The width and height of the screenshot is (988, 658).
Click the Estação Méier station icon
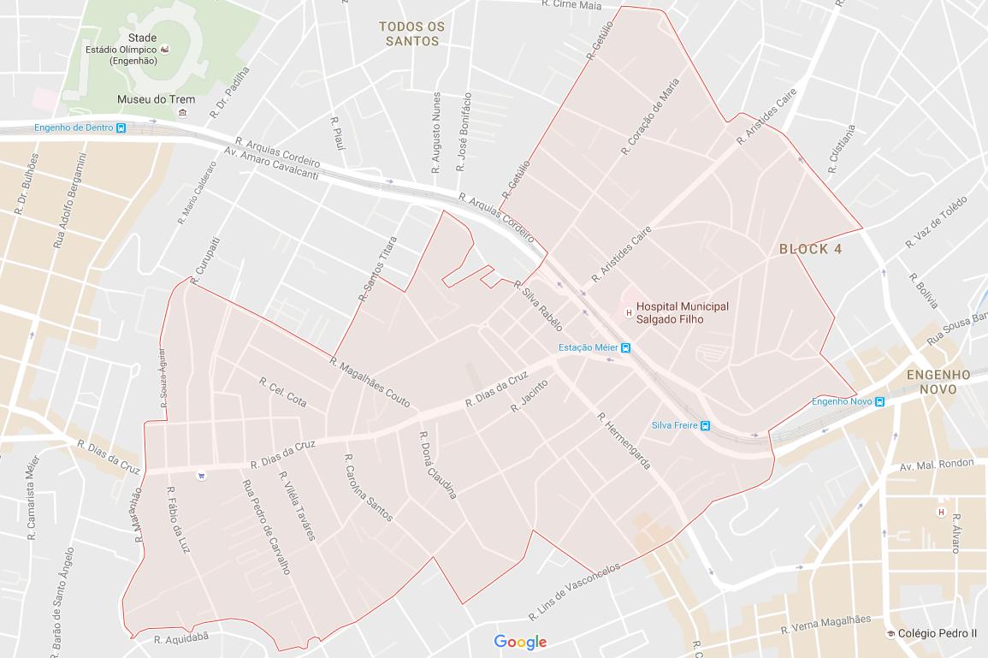(x=626, y=347)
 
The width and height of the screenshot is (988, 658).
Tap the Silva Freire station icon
(x=705, y=425)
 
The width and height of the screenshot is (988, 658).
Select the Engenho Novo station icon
(x=879, y=401)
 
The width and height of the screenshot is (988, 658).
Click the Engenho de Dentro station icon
(x=121, y=128)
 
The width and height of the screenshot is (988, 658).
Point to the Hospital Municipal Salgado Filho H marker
(x=630, y=312)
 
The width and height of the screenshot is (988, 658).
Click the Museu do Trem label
(x=156, y=99)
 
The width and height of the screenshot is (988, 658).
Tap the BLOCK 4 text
(x=810, y=249)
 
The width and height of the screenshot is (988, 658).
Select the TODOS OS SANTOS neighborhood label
(x=412, y=34)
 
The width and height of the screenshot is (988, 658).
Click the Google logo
(x=520, y=642)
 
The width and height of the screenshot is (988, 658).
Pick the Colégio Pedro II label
(x=937, y=633)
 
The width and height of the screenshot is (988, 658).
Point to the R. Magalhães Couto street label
(x=370, y=382)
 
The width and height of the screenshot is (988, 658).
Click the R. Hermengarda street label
(x=624, y=441)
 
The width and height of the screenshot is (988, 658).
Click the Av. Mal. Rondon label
(x=937, y=465)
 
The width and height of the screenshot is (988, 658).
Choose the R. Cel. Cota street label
(x=282, y=391)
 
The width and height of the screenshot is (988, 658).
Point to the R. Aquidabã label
(x=181, y=638)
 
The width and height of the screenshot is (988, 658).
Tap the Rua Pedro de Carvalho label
(x=267, y=526)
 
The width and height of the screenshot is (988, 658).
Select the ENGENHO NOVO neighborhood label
(x=938, y=382)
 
